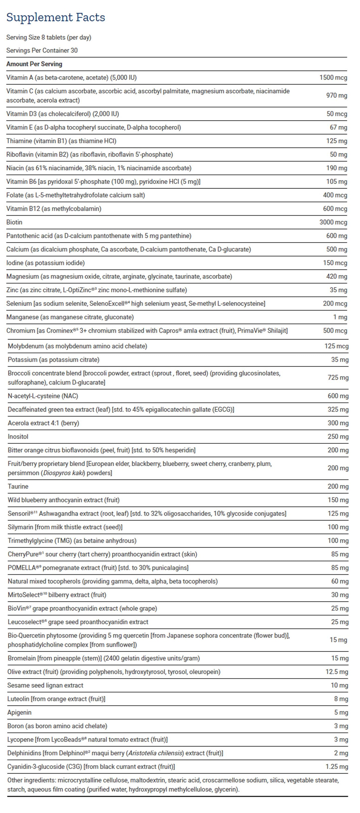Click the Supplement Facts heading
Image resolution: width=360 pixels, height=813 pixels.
pos(56,17)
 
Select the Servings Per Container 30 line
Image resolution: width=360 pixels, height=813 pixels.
pos(42,51)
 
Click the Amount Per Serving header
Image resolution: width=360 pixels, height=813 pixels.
pos(34,64)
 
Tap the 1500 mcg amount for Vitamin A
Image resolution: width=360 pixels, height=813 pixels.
pos(333,78)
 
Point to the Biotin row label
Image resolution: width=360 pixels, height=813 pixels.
pos(14,222)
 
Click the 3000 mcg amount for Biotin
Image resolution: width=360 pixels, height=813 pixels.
pos(333,222)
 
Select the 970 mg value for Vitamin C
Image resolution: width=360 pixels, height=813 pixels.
pos(336,96)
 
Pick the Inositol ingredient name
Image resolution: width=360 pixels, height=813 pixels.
pos(18,437)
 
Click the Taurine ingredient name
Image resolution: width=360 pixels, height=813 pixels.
pos(18,487)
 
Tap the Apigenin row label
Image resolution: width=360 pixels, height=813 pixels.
pos(20,712)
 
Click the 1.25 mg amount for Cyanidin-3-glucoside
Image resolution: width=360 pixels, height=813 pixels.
pos(337,767)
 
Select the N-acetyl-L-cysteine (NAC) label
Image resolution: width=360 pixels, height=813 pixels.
pos(43,396)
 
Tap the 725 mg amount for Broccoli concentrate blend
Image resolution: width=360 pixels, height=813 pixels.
pos(338,378)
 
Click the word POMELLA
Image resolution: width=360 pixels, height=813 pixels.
pos(22,568)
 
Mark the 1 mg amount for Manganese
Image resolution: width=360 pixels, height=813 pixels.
pos(340,317)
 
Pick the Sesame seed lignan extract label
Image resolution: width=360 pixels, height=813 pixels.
pos(45,685)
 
